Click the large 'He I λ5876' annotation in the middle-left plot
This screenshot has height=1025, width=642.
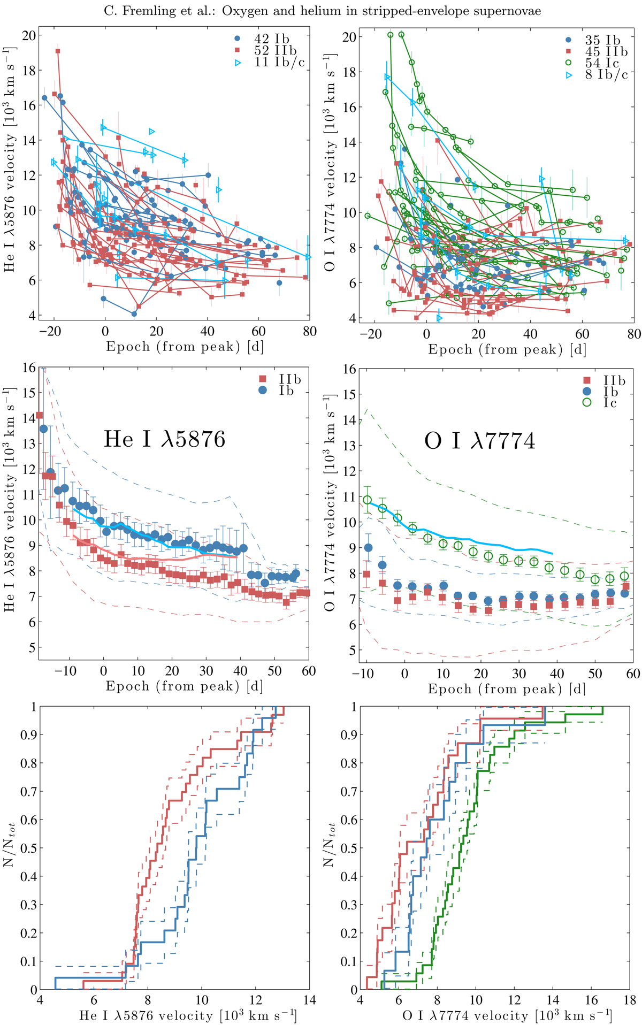(164, 439)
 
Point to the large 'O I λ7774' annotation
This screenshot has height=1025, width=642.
(479, 441)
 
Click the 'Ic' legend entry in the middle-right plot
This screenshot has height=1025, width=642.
(610, 403)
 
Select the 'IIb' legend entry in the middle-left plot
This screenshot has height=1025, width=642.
(289, 379)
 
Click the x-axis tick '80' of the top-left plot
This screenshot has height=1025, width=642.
(309, 332)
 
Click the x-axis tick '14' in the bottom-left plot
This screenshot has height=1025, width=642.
(309, 1000)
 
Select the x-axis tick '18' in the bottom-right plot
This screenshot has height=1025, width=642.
(630, 1000)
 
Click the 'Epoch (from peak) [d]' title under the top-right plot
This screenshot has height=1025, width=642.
(507, 350)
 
